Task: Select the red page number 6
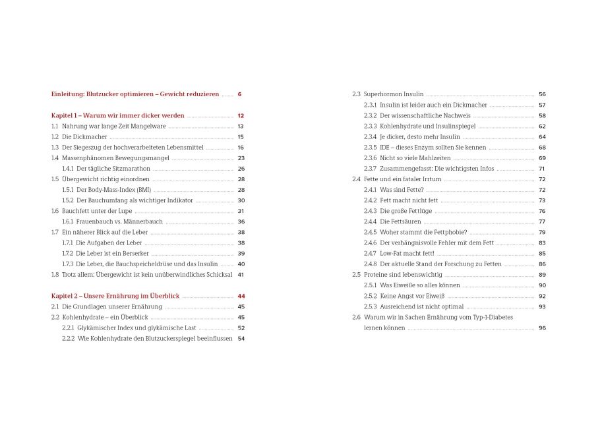tap(239, 94)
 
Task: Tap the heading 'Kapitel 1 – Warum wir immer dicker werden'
tap(118, 115)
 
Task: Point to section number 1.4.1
tap(68, 169)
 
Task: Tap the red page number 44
tap(241, 296)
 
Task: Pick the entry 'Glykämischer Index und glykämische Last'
tap(136, 327)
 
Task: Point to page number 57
tap(542, 105)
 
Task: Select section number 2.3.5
tap(371, 148)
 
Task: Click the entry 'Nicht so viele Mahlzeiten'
tap(415, 158)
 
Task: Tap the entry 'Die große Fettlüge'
tap(406, 211)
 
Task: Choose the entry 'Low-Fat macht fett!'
tap(407, 253)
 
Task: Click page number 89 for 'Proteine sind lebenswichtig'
tap(542, 275)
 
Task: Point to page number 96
tap(542, 327)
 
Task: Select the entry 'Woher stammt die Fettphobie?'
tap(423, 232)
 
